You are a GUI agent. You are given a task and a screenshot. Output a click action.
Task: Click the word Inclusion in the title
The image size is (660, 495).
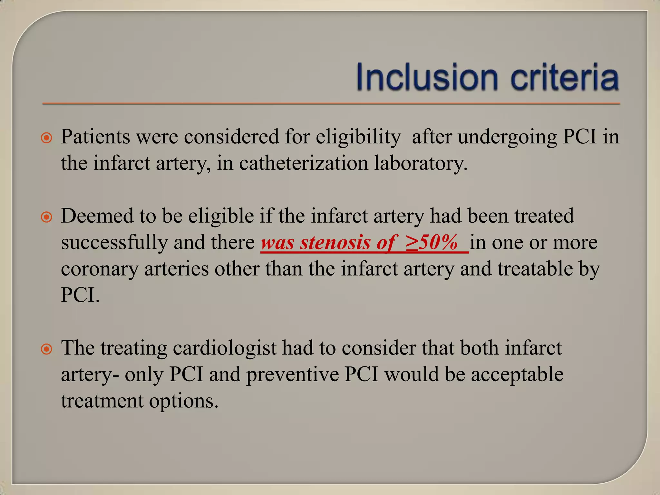coord(427,77)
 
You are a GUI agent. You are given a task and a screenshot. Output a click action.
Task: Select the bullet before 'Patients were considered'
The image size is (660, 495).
coord(47,138)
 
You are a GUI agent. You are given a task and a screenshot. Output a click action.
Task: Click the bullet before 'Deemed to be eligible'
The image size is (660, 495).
coord(47,217)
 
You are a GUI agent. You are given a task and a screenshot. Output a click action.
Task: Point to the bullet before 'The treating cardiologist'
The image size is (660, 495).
coord(47,349)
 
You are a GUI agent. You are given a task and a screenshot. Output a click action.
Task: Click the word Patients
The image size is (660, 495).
coord(95,137)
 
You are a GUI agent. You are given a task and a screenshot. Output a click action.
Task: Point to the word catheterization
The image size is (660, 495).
coord(303,163)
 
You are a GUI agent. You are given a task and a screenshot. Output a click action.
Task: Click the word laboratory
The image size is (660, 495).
coord(421,164)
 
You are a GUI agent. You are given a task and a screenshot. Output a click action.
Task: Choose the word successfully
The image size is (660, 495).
coord(114,243)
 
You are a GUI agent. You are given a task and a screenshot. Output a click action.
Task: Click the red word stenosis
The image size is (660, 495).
coord(335,242)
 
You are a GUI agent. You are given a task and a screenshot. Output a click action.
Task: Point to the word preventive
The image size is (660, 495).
coord(292,375)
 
